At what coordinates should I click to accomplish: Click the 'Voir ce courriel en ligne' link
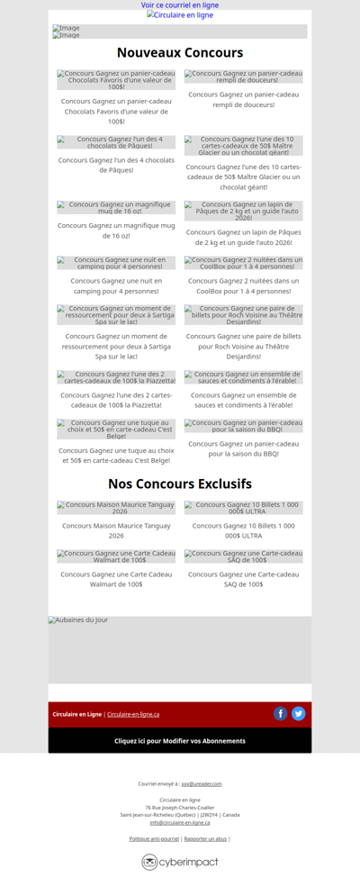coord(180,5)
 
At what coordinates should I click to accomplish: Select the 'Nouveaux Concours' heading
coord(180,53)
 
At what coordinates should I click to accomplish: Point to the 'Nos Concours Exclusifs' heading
coord(180,484)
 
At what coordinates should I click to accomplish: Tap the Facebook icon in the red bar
coord(281,714)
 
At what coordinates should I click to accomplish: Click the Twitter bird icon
coord(299,714)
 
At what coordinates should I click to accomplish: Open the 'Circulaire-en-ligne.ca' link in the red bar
coord(133,715)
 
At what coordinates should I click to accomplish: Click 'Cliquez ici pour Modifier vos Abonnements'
coord(180,741)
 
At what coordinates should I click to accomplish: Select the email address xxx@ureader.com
coord(202,784)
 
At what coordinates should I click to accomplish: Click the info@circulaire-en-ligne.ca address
coord(180,822)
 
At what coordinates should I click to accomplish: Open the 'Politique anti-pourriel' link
coord(154,839)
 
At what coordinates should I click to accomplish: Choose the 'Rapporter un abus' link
coord(205,839)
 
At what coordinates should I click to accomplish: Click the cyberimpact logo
coord(180,863)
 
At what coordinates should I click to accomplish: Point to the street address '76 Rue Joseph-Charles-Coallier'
coord(180,808)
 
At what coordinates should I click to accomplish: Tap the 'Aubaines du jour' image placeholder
coord(180,648)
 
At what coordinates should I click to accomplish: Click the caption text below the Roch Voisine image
coord(244,347)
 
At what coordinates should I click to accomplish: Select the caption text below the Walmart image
coord(116,579)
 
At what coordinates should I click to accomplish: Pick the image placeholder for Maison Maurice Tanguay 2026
coord(116,508)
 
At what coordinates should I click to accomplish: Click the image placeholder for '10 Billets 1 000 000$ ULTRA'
coord(244,508)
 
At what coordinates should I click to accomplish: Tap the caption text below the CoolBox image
coord(244,286)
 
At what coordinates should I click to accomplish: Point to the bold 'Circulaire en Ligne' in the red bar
coord(77,715)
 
